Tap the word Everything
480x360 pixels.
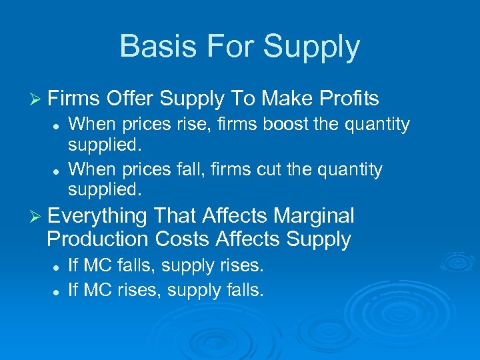tap(97, 216)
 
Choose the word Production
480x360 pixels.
tap(98, 239)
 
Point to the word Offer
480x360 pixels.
tap(129, 99)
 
